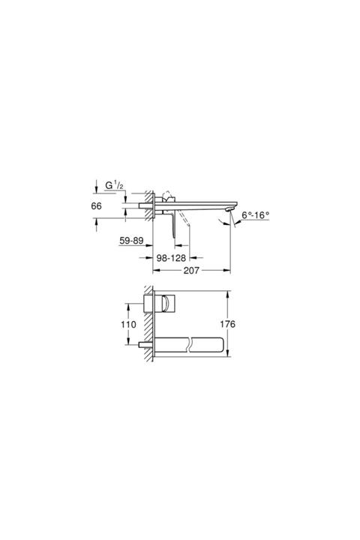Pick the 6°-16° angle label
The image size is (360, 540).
point(256,215)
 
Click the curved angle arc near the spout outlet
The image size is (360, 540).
point(226,222)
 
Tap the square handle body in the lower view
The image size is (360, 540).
point(163,304)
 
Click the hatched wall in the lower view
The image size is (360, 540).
point(151,322)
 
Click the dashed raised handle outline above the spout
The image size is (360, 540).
point(167,193)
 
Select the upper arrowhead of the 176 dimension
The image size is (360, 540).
point(229,291)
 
